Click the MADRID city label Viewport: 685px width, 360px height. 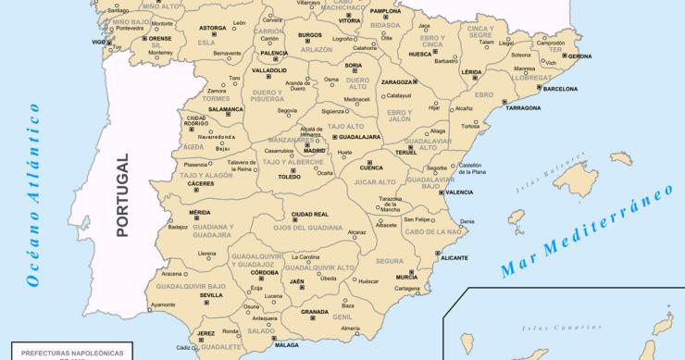point(315,149)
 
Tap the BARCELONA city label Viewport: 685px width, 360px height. point(560,89)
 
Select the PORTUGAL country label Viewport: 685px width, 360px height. point(121,197)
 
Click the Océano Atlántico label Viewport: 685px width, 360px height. point(35,196)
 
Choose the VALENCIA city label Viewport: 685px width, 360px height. point(459,192)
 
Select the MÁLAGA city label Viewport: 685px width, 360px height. point(287,344)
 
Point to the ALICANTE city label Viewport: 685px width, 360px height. point(455,259)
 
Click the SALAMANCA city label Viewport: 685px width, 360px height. point(225,109)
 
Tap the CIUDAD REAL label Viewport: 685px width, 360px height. point(309,214)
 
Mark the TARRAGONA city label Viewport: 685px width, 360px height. point(523,108)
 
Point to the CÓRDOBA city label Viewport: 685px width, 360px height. point(265,272)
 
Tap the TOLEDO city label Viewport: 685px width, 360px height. point(290,176)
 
